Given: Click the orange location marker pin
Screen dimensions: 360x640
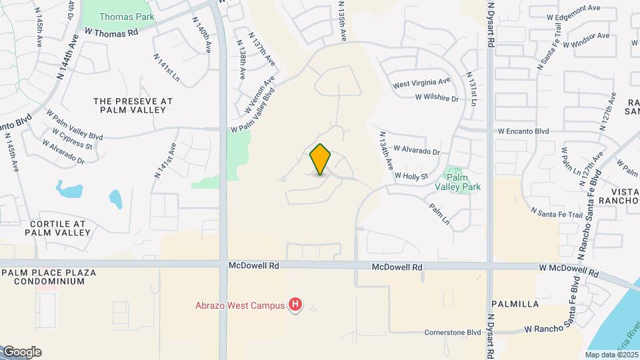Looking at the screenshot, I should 321,159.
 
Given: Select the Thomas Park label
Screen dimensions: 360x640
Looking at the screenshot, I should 127,17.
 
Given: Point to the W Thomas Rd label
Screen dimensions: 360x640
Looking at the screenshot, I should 111,32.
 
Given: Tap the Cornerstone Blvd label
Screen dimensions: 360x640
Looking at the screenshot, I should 453,332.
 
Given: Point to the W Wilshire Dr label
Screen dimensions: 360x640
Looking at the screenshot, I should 437,98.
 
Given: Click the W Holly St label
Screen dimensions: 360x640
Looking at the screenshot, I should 411,176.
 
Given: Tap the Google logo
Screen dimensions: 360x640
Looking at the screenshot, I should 22,352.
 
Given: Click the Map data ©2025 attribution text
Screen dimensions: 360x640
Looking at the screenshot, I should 611,355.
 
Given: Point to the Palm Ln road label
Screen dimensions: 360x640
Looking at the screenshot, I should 440,214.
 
